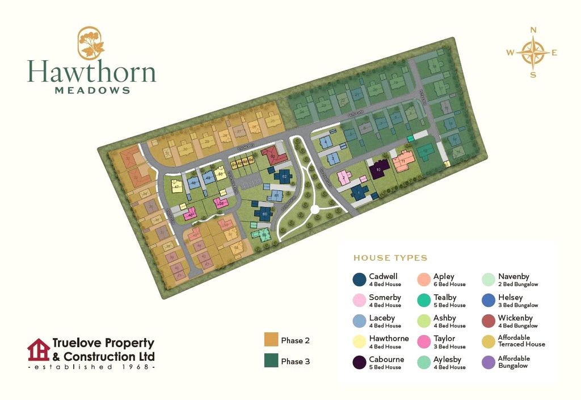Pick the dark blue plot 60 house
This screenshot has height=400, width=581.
(264, 214)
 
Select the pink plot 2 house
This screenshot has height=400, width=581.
(344, 178)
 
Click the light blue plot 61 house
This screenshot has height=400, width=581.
(276, 196)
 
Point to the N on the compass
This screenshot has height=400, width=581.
(533, 31)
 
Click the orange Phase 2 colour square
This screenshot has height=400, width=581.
(271, 340)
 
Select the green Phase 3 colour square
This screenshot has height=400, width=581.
(271, 360)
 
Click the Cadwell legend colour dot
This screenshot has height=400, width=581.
(359, 280)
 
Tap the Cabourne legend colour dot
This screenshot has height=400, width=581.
(359, 363)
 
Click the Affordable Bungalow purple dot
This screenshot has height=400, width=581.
(487, 363)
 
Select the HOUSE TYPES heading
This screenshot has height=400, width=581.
(390, 258)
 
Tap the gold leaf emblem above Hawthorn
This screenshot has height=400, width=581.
(91, 43)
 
